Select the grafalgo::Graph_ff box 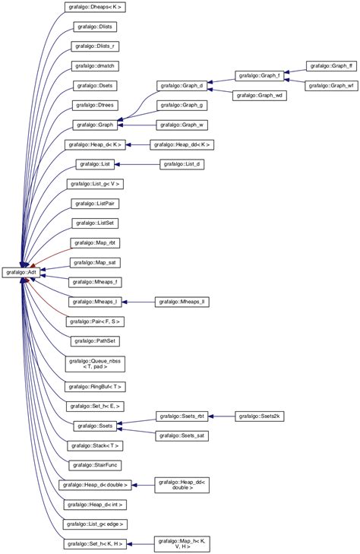tap(330, 66)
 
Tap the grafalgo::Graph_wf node tap(330, 86)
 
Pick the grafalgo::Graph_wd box tap(259, 96)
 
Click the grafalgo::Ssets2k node tap(260, 416)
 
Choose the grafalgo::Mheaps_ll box tap(182, 302)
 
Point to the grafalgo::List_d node tap(182, 164)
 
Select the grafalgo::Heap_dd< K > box tap(182, 144)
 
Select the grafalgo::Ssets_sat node tap(182, 435)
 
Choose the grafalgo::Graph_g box tap(182, 105)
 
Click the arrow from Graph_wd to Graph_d tap(220, 91)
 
